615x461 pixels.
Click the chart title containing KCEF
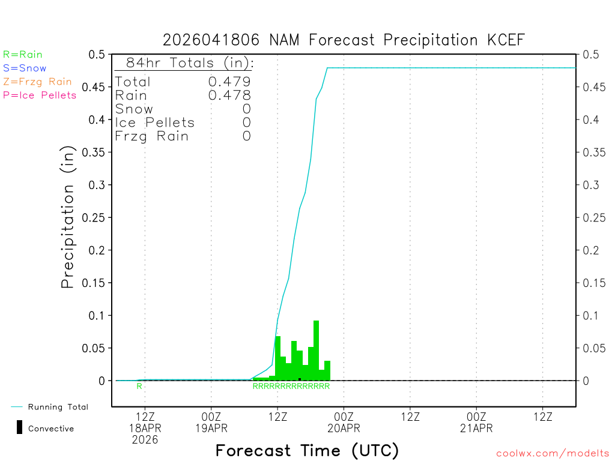tap(344, 40)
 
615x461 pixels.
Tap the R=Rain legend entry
tap(23, 55)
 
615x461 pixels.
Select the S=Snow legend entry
tap(25, 68)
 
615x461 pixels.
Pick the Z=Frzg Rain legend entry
tap(37, 82)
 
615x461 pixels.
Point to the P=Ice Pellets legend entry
tap(40, 95)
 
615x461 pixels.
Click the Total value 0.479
tap(229, 82)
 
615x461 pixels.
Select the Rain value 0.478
tap(229, 95)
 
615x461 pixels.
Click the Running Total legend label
tap(58, 407)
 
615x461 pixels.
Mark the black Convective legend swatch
tap(19, 427)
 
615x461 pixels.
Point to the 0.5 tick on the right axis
tap(590, 55)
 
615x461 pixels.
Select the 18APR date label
tap(145, 428)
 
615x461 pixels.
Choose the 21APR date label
tap(476, 428)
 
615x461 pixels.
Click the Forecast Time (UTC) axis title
tap(307, 450)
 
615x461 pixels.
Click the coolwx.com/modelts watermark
tap(553, 454)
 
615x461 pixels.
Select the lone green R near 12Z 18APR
tap(139, 387)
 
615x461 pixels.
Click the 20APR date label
tap(344, 428)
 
